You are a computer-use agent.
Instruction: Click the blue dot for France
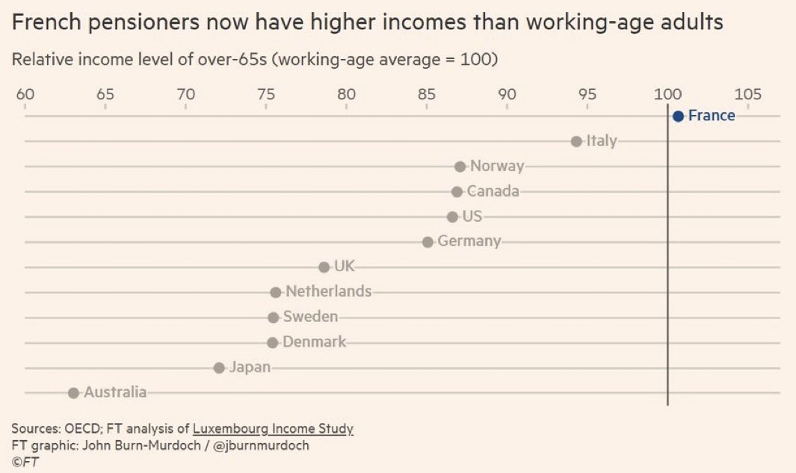678,116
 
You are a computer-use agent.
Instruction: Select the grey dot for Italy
576,141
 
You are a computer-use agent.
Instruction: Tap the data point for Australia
73,393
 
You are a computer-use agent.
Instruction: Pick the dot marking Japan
219,368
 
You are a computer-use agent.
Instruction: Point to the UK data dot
324,267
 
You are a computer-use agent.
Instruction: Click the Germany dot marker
428,242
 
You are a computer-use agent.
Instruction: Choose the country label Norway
497,166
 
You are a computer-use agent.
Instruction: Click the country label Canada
493,191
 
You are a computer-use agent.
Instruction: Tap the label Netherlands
328,291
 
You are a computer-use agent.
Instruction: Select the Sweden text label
310,317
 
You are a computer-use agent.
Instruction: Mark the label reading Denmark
314,342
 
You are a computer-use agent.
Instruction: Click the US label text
472,217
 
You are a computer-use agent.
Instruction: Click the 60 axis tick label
25,94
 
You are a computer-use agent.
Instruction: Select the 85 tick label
427,94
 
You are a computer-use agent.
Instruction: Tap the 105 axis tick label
747,94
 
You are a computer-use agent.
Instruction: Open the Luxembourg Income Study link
273,429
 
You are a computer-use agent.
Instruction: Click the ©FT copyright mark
25,462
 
